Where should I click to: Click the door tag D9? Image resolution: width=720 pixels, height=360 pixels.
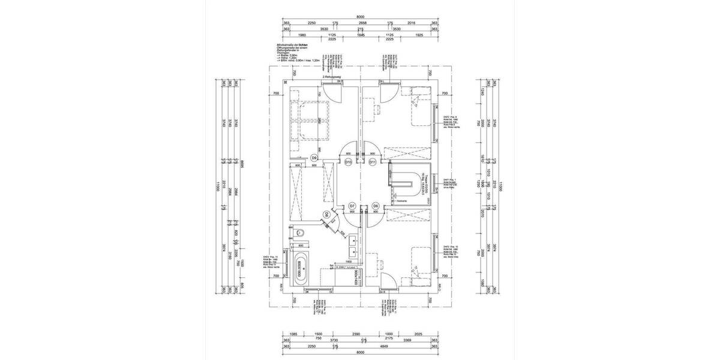[x=314, y=157]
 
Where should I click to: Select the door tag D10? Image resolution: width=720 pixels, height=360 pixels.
[x=348, y=161]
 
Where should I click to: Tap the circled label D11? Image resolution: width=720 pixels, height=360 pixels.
[x=372, y=161]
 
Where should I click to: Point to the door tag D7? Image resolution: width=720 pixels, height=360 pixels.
[x=353, y=206]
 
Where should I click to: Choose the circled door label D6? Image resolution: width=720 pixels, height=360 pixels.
[x=376, y=206]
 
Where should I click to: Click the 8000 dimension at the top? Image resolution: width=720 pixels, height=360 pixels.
[x=360, y=17]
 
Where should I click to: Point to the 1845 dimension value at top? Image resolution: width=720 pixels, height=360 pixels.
[x=361, y=35]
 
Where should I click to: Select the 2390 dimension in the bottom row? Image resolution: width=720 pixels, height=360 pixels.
[x=356, y=333]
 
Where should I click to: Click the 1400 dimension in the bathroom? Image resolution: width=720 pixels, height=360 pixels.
[x=349, y=262]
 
